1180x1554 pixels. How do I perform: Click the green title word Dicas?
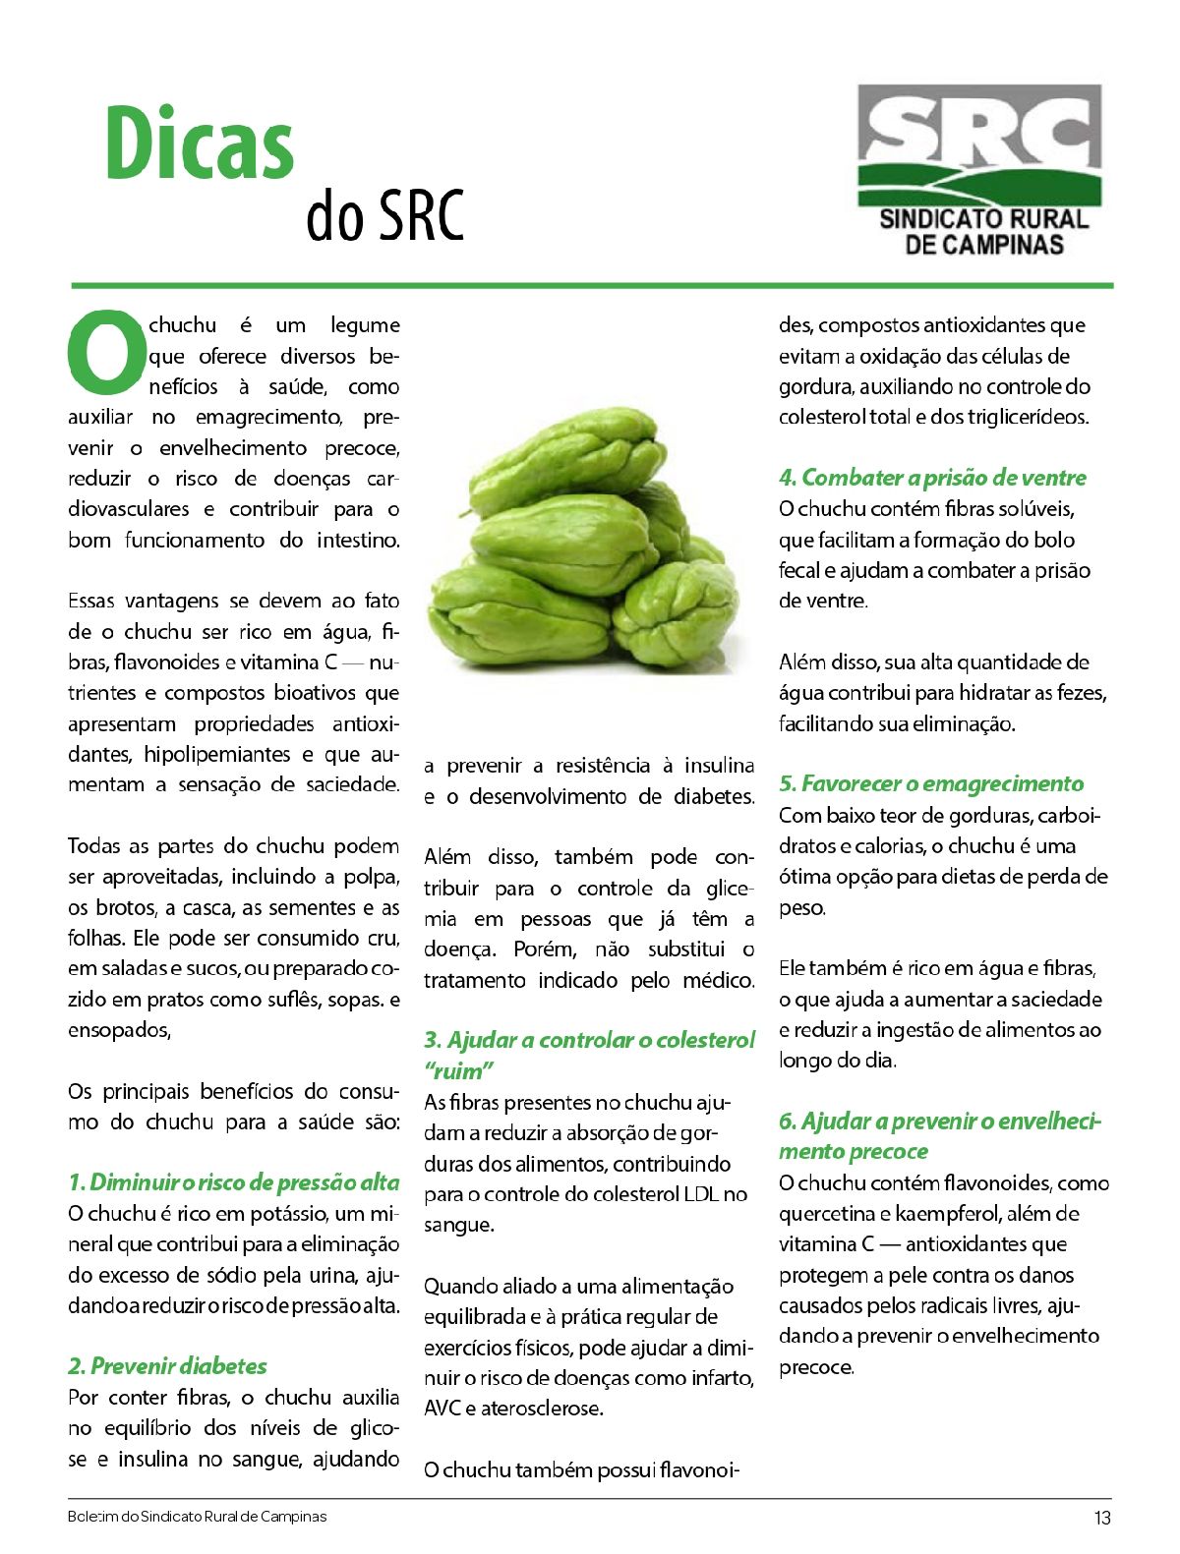click(200, 145)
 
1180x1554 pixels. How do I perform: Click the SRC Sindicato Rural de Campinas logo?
click(979, 170)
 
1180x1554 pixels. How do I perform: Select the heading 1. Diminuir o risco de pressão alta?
click(234, 1181)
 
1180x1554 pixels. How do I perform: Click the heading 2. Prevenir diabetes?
click(167, 1365)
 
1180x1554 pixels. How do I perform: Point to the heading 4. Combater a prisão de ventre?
click(932, 478)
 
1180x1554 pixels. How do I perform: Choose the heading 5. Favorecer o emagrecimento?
click(930, 783)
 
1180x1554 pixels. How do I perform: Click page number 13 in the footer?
click(1102, 1518)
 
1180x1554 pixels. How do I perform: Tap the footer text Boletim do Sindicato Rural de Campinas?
click(197, 1517)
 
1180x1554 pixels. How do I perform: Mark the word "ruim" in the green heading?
click(458, 1070)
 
